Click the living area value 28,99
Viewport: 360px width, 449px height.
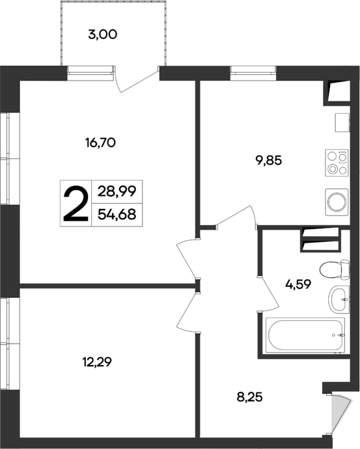tap(117, 192)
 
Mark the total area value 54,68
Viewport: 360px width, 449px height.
tap(117, 213)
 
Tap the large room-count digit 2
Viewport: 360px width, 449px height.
tap(75, 203)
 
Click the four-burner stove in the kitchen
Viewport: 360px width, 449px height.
tap(337, 162)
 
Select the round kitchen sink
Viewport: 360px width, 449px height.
tap(337, 201)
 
